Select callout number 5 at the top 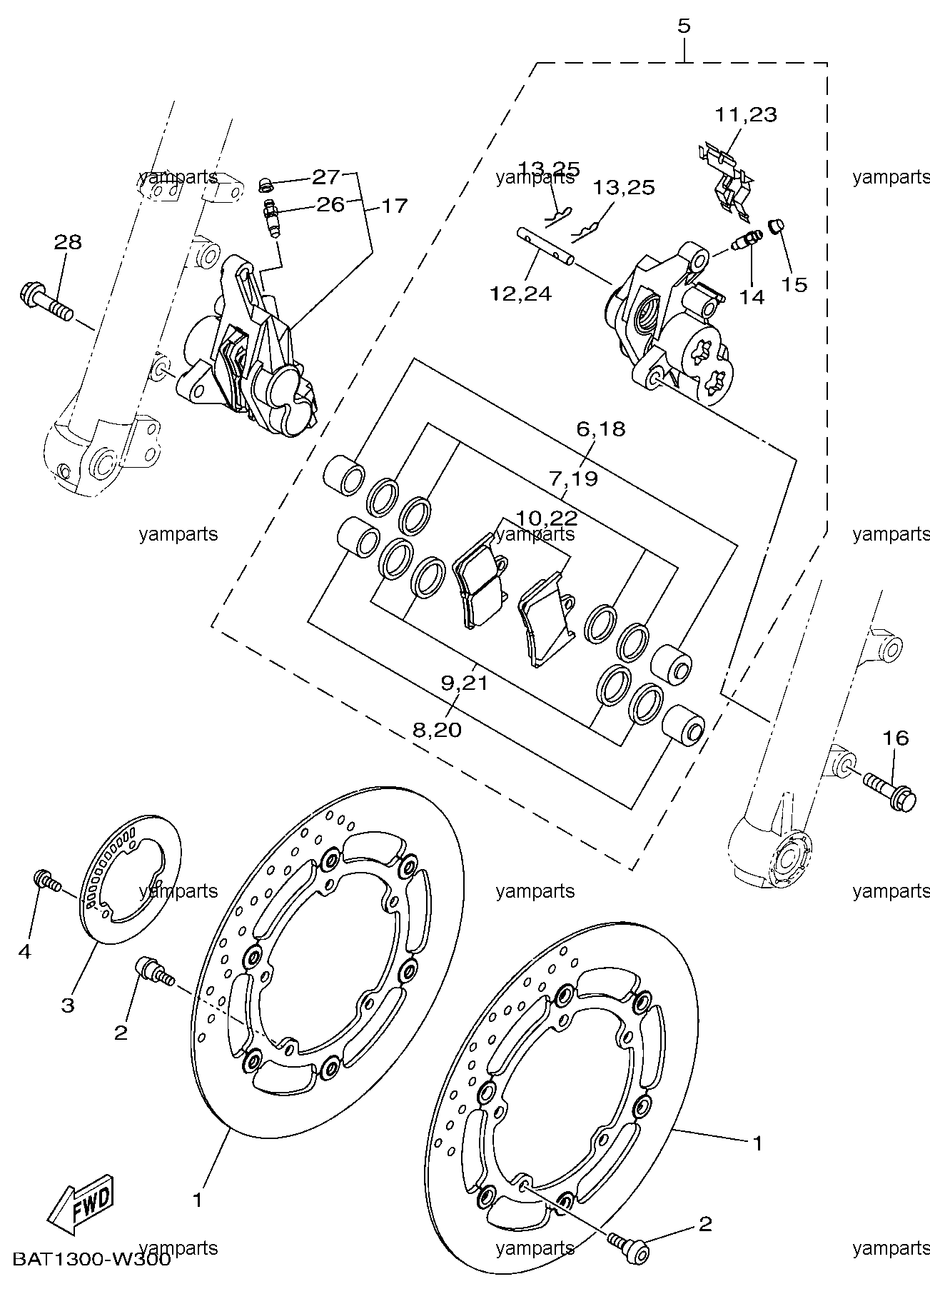[x=684, y=26]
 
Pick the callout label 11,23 [x=747, y=114]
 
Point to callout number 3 [x=67, y=1006]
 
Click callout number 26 [x=330, y=205]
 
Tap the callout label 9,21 [x=464, y=683]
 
